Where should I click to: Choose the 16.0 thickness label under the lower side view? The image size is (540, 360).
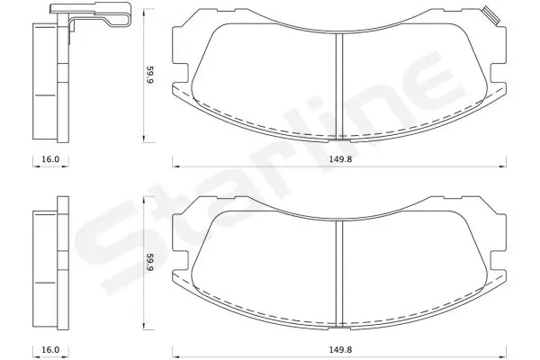[50, 348]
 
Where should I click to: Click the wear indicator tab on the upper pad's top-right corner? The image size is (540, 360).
[490, 15]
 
